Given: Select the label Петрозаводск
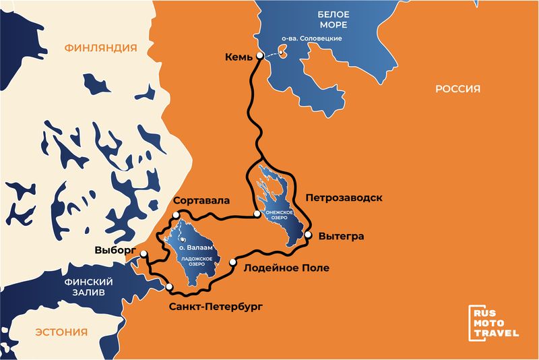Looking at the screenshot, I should [x=344, y=198].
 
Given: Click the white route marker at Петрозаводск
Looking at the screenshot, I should [x=257, y=214].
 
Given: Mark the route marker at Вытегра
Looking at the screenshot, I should [x=308, y=235].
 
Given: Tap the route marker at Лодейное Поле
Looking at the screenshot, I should [x=232, y=262].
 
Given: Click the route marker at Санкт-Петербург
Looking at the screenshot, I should [x=168, y=288].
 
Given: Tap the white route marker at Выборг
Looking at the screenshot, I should [x=144, y=253].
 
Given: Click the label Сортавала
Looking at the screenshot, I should [x=201, y=201].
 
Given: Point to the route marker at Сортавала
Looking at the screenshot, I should [x=175, y=214].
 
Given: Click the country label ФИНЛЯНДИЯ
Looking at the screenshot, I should [x=100, y=48].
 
